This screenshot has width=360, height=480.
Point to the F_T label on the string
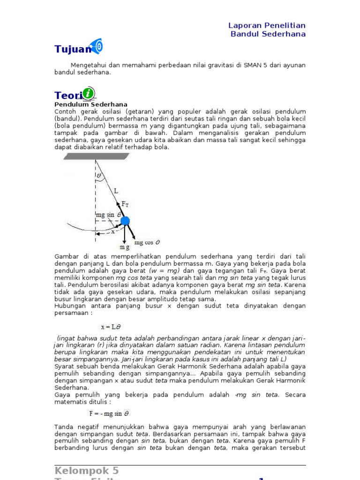click(x=126, y=203)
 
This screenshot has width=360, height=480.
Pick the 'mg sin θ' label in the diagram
click(x=108, y=215)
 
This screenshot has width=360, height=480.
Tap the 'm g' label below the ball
click(x=124, y=247)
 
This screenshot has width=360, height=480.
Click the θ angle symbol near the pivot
click(x=99, y=176)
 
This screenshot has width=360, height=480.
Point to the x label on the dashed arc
click(x=112, y=231)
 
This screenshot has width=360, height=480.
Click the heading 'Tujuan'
click(x=73, y=49)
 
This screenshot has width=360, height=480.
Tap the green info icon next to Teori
click(x=88, y=93)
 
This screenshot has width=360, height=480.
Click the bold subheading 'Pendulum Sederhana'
click(x=91, y=104)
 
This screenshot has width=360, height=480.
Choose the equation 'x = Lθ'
click(x=112, y=327)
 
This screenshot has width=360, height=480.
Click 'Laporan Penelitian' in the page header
click(x=267, y=25)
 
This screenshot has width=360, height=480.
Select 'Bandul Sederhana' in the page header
click(x=268, y=34)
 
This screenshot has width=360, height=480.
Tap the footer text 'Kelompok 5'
click(x=87, y=471)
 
